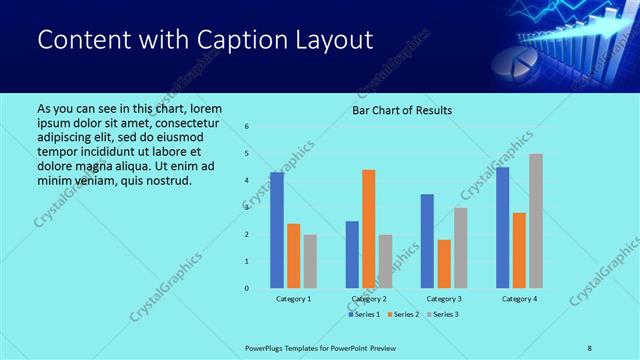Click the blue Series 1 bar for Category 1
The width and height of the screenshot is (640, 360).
point(277,230)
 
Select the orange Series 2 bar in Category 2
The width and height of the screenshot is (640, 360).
point(369,229)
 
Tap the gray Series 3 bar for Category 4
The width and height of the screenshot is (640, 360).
point(536,221)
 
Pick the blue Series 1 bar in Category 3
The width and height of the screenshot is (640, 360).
point(427,241)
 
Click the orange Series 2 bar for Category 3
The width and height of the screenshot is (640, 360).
point(444,264)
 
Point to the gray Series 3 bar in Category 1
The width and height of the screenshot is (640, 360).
point(310,261)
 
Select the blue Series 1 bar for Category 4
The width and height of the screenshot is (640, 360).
point(503,227)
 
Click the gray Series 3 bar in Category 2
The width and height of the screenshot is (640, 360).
point(386,261)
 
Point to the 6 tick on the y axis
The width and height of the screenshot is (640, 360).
point(247,126)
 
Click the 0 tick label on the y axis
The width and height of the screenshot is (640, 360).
point(247,288)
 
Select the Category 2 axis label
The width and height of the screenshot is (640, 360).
point(369,299)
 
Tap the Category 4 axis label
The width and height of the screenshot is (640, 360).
point(520,299)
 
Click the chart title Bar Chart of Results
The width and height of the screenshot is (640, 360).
point(402,109)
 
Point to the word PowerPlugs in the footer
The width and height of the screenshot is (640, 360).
point(267,347)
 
